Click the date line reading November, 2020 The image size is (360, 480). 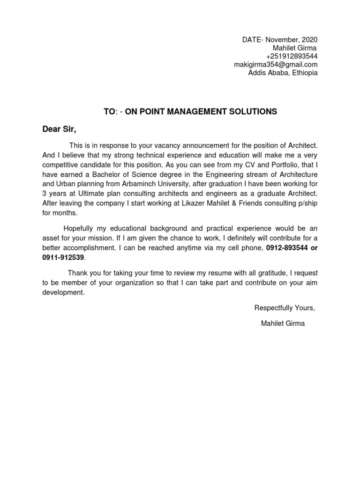point(280,40)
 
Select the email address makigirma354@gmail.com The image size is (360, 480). point(276,65)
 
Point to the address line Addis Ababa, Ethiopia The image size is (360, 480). point(283,73)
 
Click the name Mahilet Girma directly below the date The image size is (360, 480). point(295,48)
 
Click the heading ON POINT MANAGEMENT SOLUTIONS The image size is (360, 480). point(201,112)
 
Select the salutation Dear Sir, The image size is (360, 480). point(59,129)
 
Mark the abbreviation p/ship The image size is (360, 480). point(307,202)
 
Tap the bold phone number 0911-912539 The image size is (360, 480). point(63,257)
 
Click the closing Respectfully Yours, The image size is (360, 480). point(285,308)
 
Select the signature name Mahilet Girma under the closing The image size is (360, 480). point(283,323)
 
